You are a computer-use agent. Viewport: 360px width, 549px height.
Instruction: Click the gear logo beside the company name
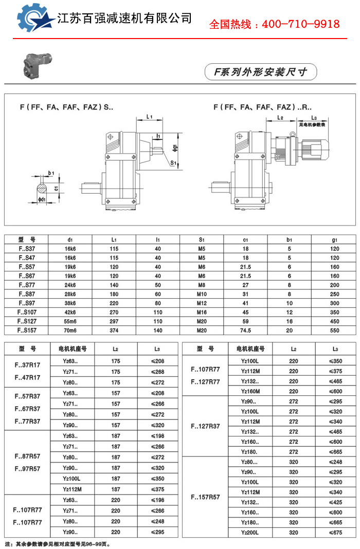(36, 19)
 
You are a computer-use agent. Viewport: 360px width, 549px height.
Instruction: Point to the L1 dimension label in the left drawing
(149, 117)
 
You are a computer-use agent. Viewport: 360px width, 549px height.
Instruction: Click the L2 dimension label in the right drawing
(280, 118)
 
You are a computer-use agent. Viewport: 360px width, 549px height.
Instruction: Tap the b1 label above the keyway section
(51, 173)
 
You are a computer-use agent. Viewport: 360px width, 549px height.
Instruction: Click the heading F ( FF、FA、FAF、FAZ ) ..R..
(262, 107)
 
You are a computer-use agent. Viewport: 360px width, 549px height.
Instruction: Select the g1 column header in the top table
(335, 240)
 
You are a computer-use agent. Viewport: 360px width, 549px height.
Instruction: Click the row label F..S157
(26, 330)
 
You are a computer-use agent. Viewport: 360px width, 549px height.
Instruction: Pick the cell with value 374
(114, 330)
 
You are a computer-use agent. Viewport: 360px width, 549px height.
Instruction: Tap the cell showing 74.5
(246, 330)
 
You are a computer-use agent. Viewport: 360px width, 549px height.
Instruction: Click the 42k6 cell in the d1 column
(70, 312)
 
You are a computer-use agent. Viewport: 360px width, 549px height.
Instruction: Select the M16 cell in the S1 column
(202, 312)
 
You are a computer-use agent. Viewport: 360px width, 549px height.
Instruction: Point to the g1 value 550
(335, 330)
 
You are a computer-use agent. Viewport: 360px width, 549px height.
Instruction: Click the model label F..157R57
(205, 497)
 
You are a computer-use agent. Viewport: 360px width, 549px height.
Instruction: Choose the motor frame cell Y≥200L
(250, 533)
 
